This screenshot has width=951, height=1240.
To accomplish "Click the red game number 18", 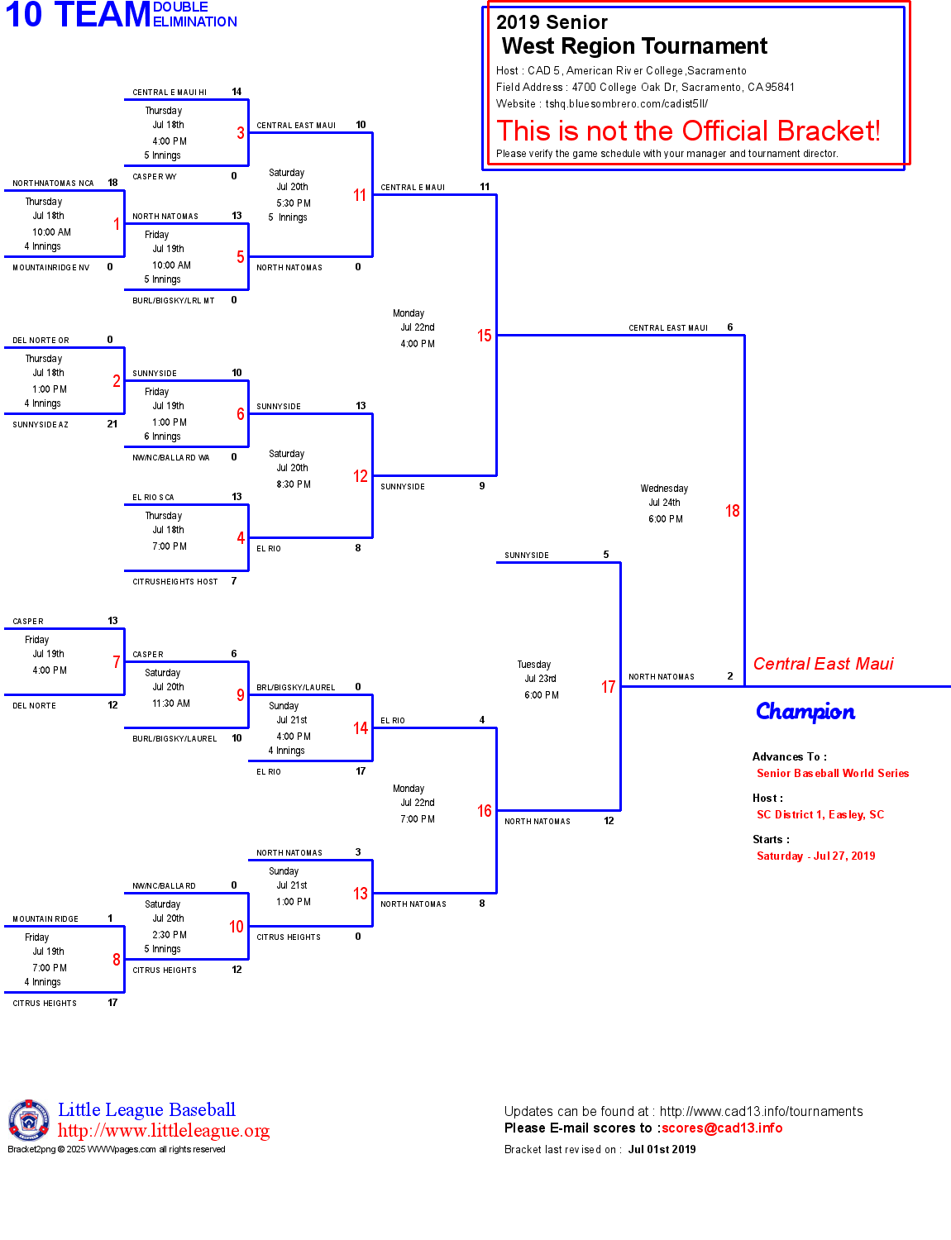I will pos(732,511).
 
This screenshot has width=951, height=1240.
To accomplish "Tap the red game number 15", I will pos(484,336).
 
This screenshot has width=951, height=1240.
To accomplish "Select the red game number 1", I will pos(117,224).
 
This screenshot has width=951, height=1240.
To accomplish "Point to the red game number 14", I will pos(361,728).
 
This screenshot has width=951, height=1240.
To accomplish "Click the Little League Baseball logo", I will pos(29,1120).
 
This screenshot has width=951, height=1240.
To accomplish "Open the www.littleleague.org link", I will pos(164,1131).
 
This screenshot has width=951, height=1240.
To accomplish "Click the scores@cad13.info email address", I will pos(721,1128).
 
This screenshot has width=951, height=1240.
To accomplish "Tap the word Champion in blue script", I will pos(805,712).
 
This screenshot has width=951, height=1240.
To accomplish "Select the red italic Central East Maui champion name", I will pos(823,664).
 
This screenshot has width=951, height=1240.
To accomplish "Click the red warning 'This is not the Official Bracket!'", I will pos(688,131).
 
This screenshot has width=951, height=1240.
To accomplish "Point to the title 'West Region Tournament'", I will pos(634,46).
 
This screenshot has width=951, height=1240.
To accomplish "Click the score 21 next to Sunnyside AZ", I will pos(112,424).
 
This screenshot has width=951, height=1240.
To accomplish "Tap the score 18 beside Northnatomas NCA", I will pos(112,183).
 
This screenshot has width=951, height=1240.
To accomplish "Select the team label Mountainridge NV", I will pos(51,268).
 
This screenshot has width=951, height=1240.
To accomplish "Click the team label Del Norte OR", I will pos(41,341).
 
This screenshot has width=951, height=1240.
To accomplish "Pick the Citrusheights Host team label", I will pos(175,582).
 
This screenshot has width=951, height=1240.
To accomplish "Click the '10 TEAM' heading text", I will pos(78,15).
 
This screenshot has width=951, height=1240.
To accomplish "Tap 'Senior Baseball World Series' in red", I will pos(833,774).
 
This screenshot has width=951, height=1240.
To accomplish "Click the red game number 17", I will pos(608,687).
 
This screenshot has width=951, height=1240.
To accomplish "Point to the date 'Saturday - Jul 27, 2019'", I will pos(815,856).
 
